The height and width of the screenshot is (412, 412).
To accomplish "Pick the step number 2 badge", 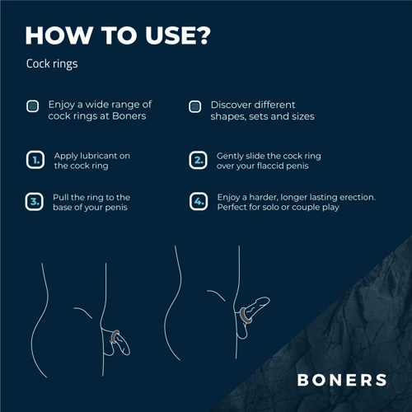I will click(198, 160).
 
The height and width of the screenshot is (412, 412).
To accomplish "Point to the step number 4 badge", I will click(198, 202).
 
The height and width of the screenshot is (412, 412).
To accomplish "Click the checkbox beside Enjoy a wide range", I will click(32, 105).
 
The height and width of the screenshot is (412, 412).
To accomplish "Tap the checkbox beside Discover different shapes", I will click(195, 105).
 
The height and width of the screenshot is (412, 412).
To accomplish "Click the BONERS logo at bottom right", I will click(342, 380).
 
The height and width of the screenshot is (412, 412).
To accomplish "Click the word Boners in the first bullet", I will click(130, 117).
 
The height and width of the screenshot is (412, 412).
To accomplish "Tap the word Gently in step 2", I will click(231, 155).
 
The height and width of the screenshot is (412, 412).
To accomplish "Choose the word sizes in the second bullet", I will click(300, 117).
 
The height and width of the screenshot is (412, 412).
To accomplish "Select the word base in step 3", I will click(65, 208).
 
